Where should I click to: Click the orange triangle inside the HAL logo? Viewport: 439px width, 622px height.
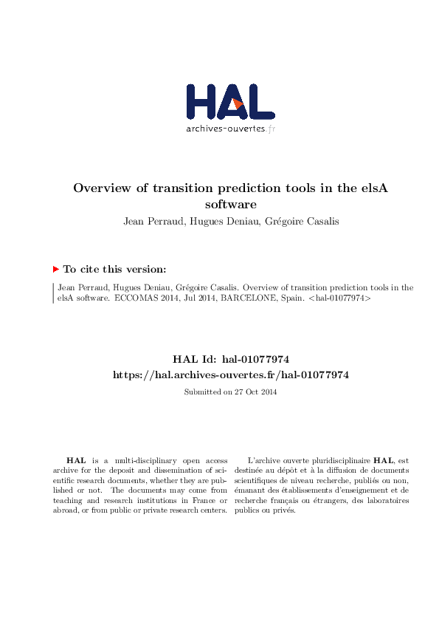pos(238,104)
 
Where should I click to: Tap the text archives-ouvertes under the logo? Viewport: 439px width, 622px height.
pos(225,129)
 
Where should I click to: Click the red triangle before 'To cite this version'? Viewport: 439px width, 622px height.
pos(56,270)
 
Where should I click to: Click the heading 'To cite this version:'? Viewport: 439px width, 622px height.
pos(114,270)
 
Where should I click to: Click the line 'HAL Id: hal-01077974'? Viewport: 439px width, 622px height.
pos(230,360)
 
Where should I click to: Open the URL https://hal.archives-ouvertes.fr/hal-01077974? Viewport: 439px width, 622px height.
pos(230,375)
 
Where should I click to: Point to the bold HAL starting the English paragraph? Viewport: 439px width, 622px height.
pos(75,459)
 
